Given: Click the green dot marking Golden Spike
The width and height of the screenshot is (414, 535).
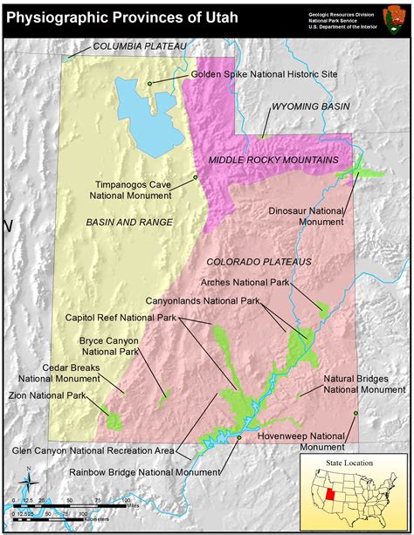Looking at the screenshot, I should pos(150,84).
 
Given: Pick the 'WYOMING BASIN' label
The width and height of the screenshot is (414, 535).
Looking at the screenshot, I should pos(310,106).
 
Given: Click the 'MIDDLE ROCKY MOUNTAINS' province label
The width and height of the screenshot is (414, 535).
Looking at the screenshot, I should pos(273,161).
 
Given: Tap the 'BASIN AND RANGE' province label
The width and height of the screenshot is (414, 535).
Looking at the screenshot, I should pos(129,223).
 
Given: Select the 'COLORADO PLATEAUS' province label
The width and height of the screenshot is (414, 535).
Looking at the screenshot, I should pos(271,261).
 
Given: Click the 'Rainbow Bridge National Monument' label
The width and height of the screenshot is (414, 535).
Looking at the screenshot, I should pos(144,472).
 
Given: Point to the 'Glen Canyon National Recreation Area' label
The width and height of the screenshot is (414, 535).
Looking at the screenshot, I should pos(93,451).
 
